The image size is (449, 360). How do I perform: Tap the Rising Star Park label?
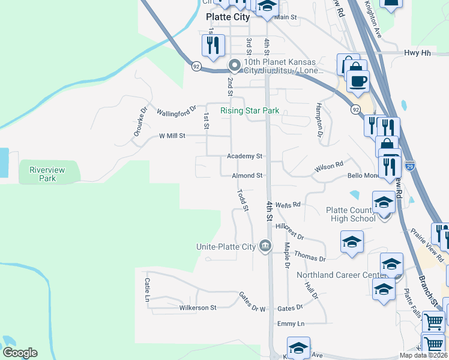[250, 110]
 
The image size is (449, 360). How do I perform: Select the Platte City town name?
[228, 17]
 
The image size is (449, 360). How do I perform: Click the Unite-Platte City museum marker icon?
[265, 245]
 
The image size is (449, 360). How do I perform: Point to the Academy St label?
[244, 156]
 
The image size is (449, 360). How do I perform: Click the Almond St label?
[247, 176]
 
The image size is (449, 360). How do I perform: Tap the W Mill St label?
[172, 136]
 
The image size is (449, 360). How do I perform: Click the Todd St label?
[243, 200]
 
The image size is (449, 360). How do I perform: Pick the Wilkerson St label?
[197, 308]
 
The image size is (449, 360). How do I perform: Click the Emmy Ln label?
[291, 324]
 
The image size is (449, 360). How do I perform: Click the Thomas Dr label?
[309, 257]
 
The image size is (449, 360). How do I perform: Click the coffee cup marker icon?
[358, 80]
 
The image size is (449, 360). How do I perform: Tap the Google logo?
[20, 353]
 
